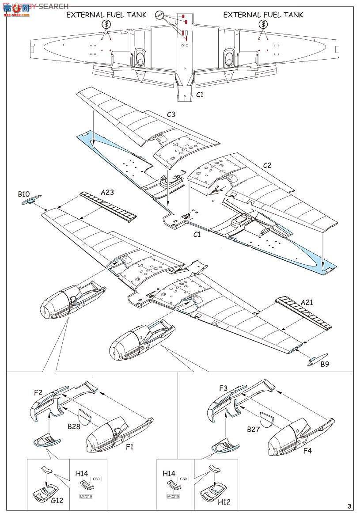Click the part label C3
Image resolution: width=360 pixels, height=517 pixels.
point(171,114)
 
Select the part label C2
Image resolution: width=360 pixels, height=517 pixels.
point(267,165)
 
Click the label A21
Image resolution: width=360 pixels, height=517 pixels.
point(308,302)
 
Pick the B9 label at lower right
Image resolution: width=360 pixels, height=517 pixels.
point(325,364)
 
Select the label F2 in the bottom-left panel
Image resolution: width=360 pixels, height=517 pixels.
point(38,392)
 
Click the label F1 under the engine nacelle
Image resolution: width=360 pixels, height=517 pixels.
point(130,447)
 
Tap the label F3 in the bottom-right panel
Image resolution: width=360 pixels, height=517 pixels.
point(224,388)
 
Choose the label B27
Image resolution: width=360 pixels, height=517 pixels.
point(253,429)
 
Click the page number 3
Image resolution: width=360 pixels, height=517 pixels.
point(349,506)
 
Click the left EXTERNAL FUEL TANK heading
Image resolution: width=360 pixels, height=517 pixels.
point(106,15)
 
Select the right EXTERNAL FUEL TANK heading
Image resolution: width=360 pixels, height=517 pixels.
point(263,15)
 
